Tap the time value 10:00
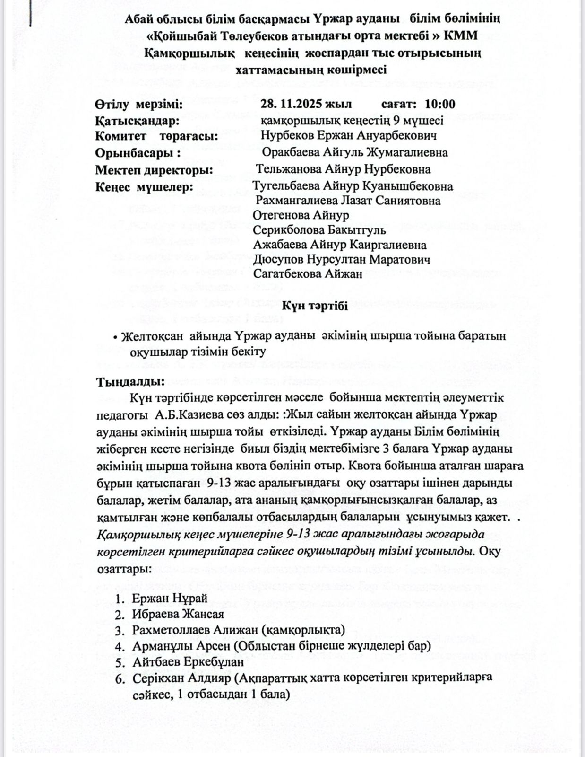click(x=440, y=104)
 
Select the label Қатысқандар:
click(x=137, y=120)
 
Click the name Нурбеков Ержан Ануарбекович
click(x=348, y=136)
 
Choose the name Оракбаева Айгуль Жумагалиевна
click(x=355, y=152)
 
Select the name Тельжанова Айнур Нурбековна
click(x=343, y=169)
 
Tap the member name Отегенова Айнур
click(x=301, y=215)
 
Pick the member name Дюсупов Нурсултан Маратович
click(x=342, y=260)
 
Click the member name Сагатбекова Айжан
click(x=308, y=274)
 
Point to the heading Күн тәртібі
click(x=315, y=307)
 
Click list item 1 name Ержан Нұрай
click(x=170, y=598)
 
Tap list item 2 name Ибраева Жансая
click(x=178, y=614)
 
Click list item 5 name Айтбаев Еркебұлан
click(x=188, y=661)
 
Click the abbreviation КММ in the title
click(x=459, y=35)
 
